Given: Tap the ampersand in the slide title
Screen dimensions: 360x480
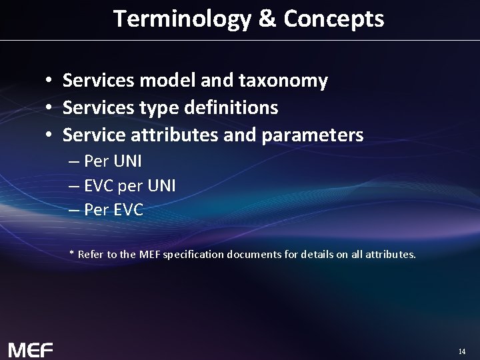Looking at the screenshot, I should (x=267, y=19).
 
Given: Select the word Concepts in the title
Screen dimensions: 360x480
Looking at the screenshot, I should (x=333, y=19).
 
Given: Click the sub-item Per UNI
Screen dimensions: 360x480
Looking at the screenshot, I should (x=112, y=161).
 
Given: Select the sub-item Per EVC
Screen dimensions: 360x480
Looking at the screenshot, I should (x=113, y=210).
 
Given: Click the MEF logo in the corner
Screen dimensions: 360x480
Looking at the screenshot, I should (x=30, y=349).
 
